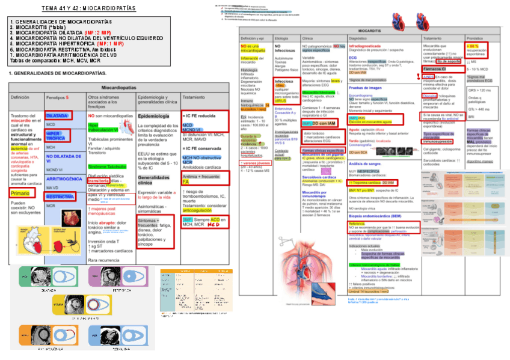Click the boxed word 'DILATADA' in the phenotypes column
tap(58, 115)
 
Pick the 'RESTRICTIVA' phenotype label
tap(60, 197)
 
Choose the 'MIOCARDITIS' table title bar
tap(369, 30)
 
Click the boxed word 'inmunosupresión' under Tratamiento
tap(441, 141)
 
